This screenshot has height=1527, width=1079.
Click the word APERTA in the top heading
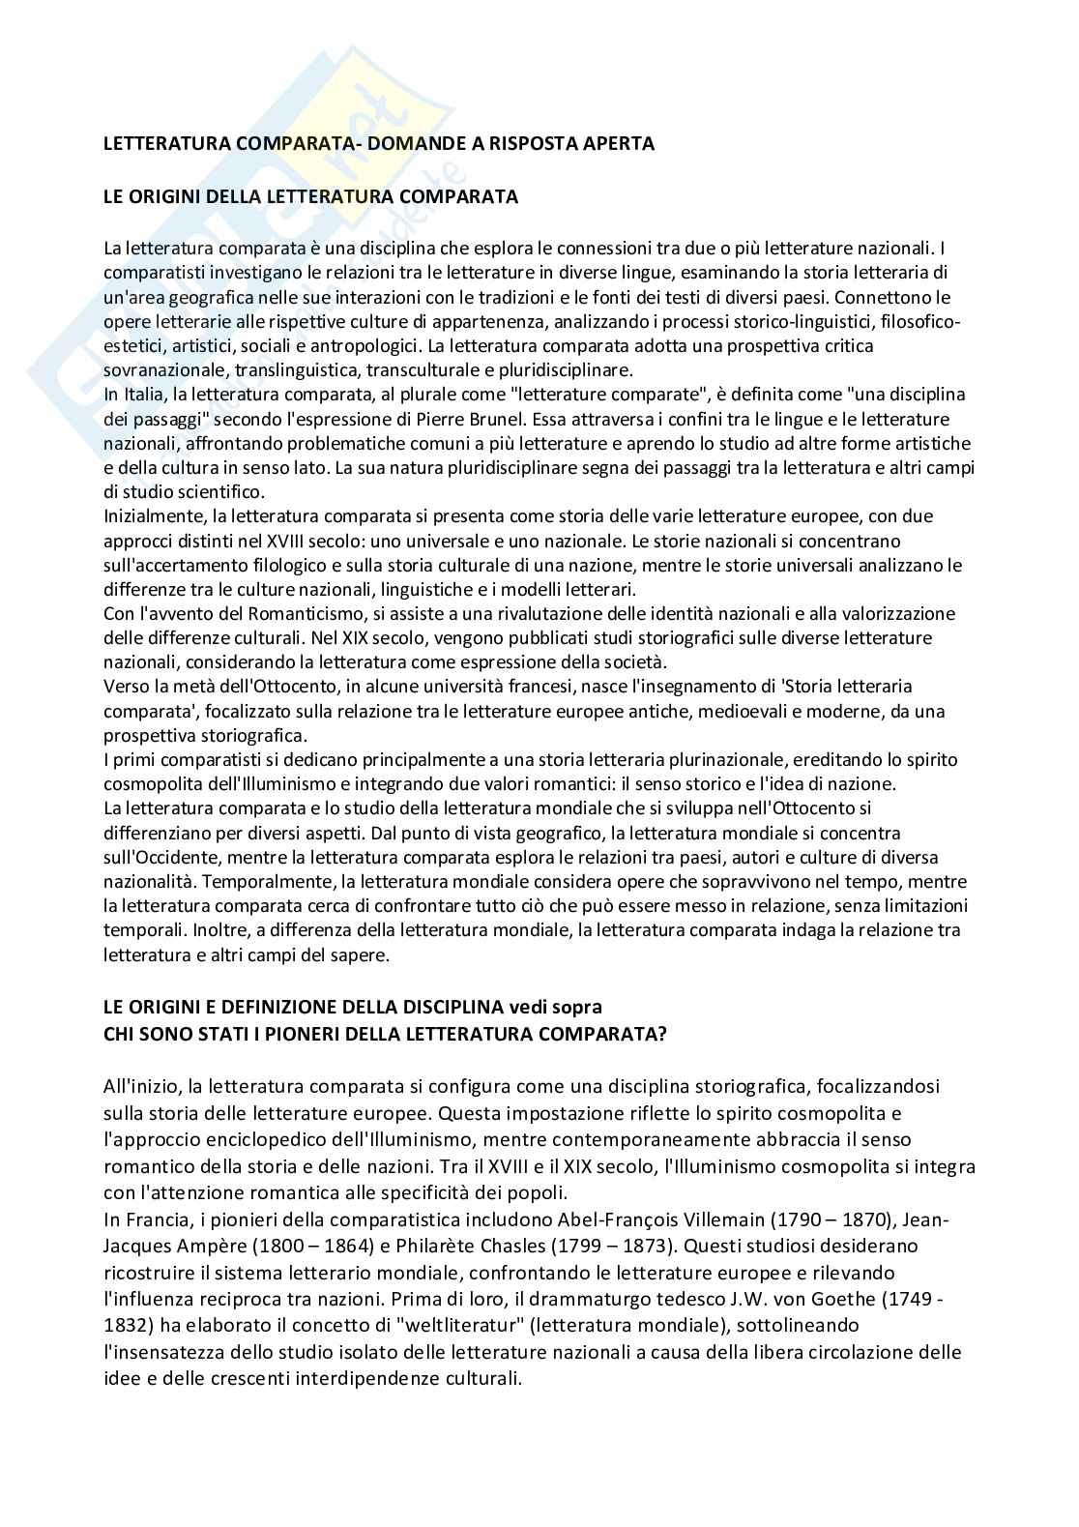619,143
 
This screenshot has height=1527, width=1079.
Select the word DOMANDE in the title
357,143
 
